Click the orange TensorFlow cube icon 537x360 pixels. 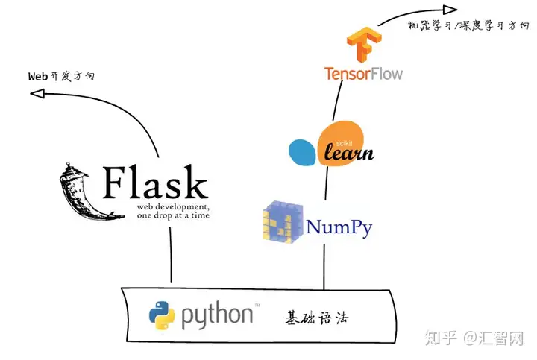pyautogui.click(x=364, y=44)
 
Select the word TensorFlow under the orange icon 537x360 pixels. pyautogui.click(x=363, y=74)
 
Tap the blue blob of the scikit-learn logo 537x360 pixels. pyautogui.click(x=302, y=152)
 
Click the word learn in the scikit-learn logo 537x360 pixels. pyautogui.click(x=349, y=152)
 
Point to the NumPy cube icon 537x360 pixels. pyautogui.click(x=283, y=222)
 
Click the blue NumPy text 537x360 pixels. pyautogui.click(x=339, y=227)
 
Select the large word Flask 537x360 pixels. pyautogui.click(x=155, y=183)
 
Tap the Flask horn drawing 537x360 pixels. pyautogui.click(x=88, y=191)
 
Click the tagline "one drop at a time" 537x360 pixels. pyautogui.click(x=173, y=215)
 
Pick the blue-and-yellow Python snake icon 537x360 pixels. pyautogui.click(x=162, y=315)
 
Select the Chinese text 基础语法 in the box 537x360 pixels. pyautogui.click(x=317, y=318)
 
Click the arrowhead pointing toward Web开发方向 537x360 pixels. pyautogui.click(x=37, y=93)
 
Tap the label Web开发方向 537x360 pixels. pyautogui.click(x=61, y=76)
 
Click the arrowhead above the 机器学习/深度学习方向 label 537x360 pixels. pyautogui.click(x=450, y=10)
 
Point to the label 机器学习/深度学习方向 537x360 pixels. pyautogui.click(x=468, y=25)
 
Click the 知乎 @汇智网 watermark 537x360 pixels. pyautogui.click(x=474, y=338)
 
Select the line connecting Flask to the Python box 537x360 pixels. pyautogui.click(x=171, y=255)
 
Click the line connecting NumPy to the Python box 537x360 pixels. pyautogui.click(x=324, y=267)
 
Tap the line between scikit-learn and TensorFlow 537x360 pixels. pyautogui.click(x=337, y=100)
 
